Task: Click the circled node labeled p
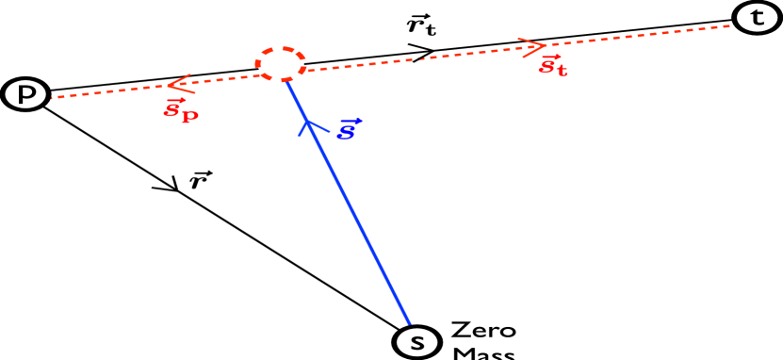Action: [x=22, y=92]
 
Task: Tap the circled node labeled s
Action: [x=416, y=341]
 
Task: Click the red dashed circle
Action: [x=280, y=64]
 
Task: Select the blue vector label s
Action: [x=347, y=128]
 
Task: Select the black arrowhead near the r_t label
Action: [x=423, y=52]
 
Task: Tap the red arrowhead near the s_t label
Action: [x=534, y=44]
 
